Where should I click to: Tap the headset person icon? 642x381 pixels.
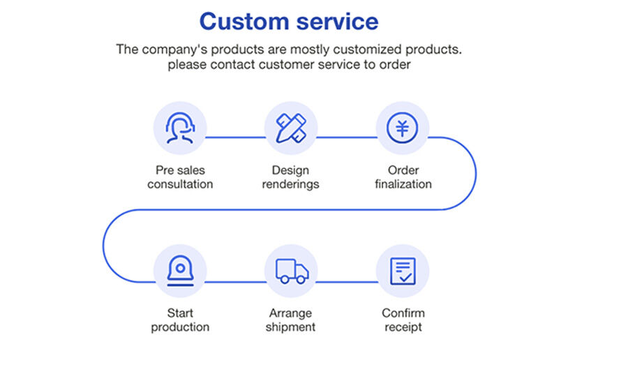[x=180, y=128]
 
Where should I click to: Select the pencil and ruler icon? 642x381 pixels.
[x=291, y=128]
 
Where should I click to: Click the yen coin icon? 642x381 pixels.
[x=403, y=128]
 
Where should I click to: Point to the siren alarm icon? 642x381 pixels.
[x=180, y=271]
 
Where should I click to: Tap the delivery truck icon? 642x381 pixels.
[x=291, y=271]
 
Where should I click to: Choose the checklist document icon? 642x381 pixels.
[x=403, y=271]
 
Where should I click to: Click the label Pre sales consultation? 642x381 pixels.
[x=180, y=177]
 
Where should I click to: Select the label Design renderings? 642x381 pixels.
[x=291, y=177]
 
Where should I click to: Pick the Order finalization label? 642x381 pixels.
[x=403, y=177]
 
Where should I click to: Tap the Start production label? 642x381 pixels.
[x=180, y=320]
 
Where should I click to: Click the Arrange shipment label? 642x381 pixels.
[x=291, y=320]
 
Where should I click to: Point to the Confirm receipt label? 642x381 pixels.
[x=403, y=320]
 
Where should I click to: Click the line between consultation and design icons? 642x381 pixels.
[x=235, y=137]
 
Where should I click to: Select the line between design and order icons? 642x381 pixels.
[x=347, y=137]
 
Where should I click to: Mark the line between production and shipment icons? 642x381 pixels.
[x=235, y=282]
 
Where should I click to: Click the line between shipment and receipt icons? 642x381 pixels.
[x=347, y=282]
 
